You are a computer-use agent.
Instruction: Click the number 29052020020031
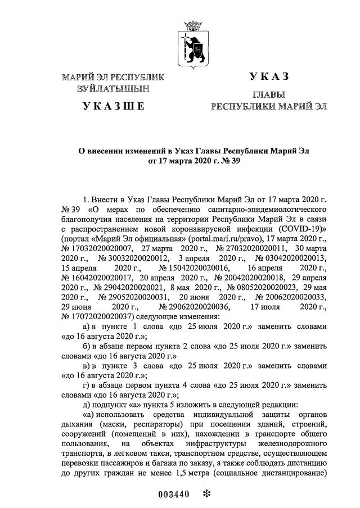pos(134,297)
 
